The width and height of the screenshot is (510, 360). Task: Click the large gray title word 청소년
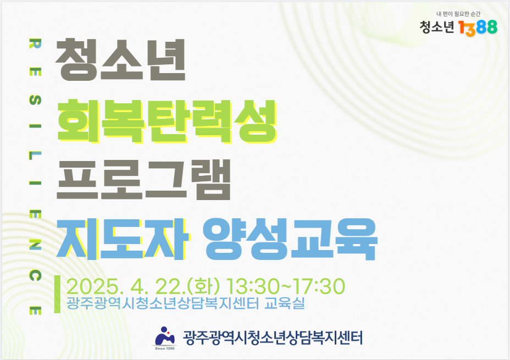(x=120, y=60)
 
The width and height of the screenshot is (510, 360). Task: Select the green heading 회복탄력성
(x=167, y=121)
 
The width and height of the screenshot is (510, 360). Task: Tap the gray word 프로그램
(x=143, y=180)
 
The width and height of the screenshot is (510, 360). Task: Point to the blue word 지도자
(x=123, y=239)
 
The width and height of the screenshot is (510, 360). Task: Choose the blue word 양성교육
(x=290, y=239)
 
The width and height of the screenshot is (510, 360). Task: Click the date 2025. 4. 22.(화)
(x=143, y=286)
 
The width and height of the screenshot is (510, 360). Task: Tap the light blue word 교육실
(x=285, y=303)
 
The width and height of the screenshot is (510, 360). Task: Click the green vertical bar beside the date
(x=57, y=294)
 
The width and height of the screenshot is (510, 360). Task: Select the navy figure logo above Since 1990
(x=165, y=336)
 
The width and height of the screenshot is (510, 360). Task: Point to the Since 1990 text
(x=165, y=348)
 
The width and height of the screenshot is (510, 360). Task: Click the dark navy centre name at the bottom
(x=273, y=337)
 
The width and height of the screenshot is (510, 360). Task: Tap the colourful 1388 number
(x=478, y=27)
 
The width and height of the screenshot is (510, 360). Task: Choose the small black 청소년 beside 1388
(x=436, y=27)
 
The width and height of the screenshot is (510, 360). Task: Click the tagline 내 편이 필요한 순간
(x=458, y=14)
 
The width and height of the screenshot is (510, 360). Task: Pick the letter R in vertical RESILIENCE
(x=35, y=43)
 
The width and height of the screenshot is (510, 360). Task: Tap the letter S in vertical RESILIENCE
(x=35, y=100)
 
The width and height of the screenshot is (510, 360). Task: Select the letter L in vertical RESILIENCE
(x=35, y=156)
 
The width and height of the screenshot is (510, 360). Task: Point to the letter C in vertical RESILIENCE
(x=35, y=275)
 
